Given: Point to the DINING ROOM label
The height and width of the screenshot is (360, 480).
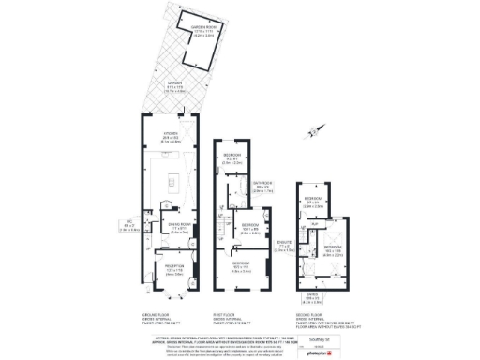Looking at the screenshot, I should pos(179,227).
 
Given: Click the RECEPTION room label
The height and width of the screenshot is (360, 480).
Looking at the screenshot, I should pos(173,271).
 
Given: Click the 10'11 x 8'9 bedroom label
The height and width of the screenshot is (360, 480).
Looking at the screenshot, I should pos(250,228).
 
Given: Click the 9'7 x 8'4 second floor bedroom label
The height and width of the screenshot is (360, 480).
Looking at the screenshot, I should pos(314,202).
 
